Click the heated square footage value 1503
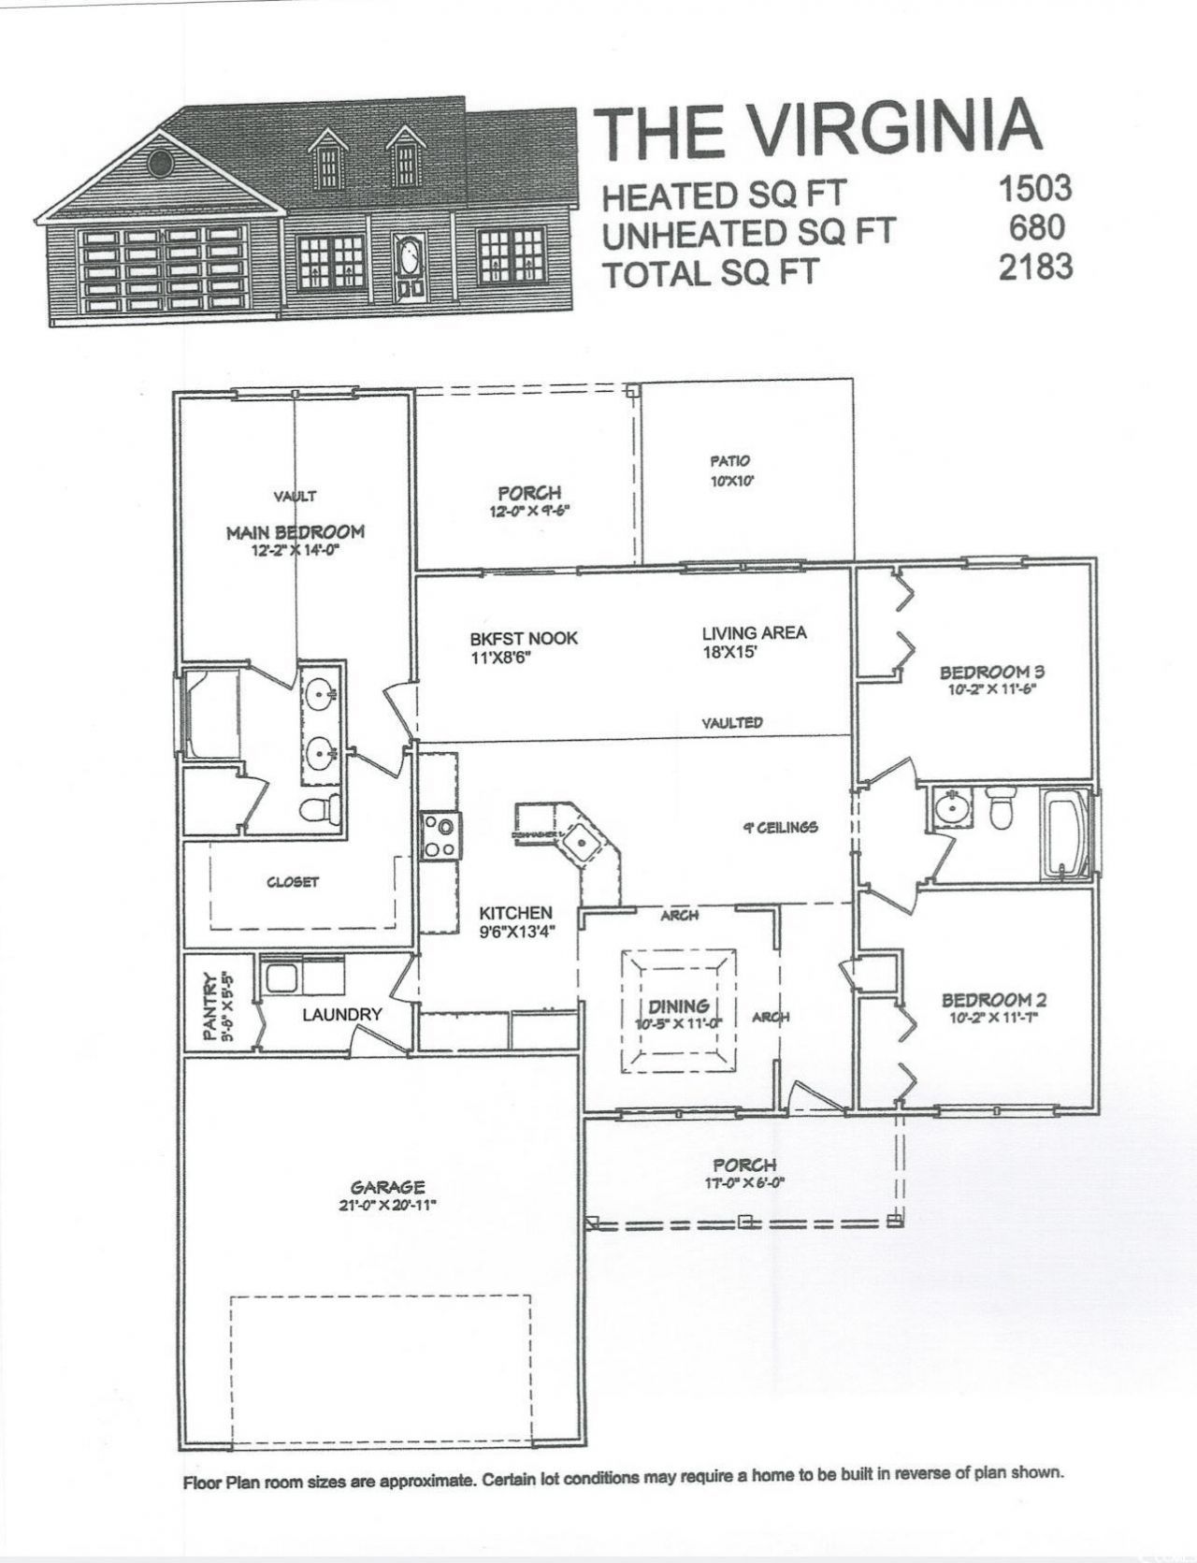(1034, 188)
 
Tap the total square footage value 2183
(1034, 268)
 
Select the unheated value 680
(1037, 228)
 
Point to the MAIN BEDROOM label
(295, 532)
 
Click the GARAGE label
(388, 1187)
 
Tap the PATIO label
(729, 461)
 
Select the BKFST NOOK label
(524, 639)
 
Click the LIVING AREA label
(754, 633)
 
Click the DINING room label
(678, 1006)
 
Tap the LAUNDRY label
(342, 1014)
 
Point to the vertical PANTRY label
(211, 1006)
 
